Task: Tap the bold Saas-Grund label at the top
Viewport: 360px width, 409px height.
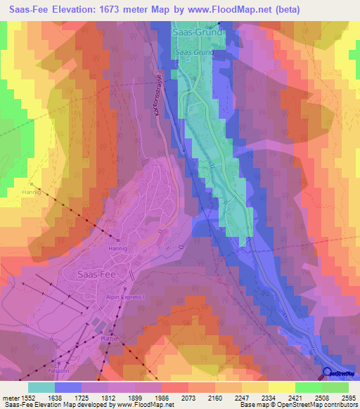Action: tap(198, 32)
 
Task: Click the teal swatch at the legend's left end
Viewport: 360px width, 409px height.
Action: tap(41, 387)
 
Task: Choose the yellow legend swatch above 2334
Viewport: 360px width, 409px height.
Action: tap(282, 387)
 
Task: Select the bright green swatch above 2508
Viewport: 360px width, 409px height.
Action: tap(309, 387)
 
